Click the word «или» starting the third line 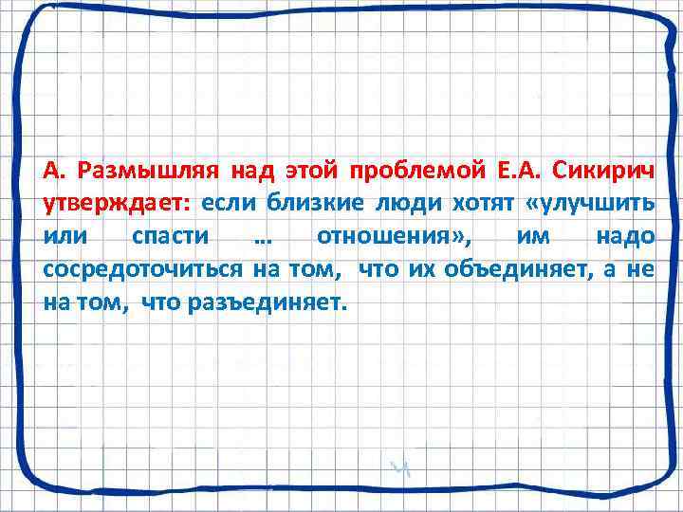[x=63, y=238]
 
